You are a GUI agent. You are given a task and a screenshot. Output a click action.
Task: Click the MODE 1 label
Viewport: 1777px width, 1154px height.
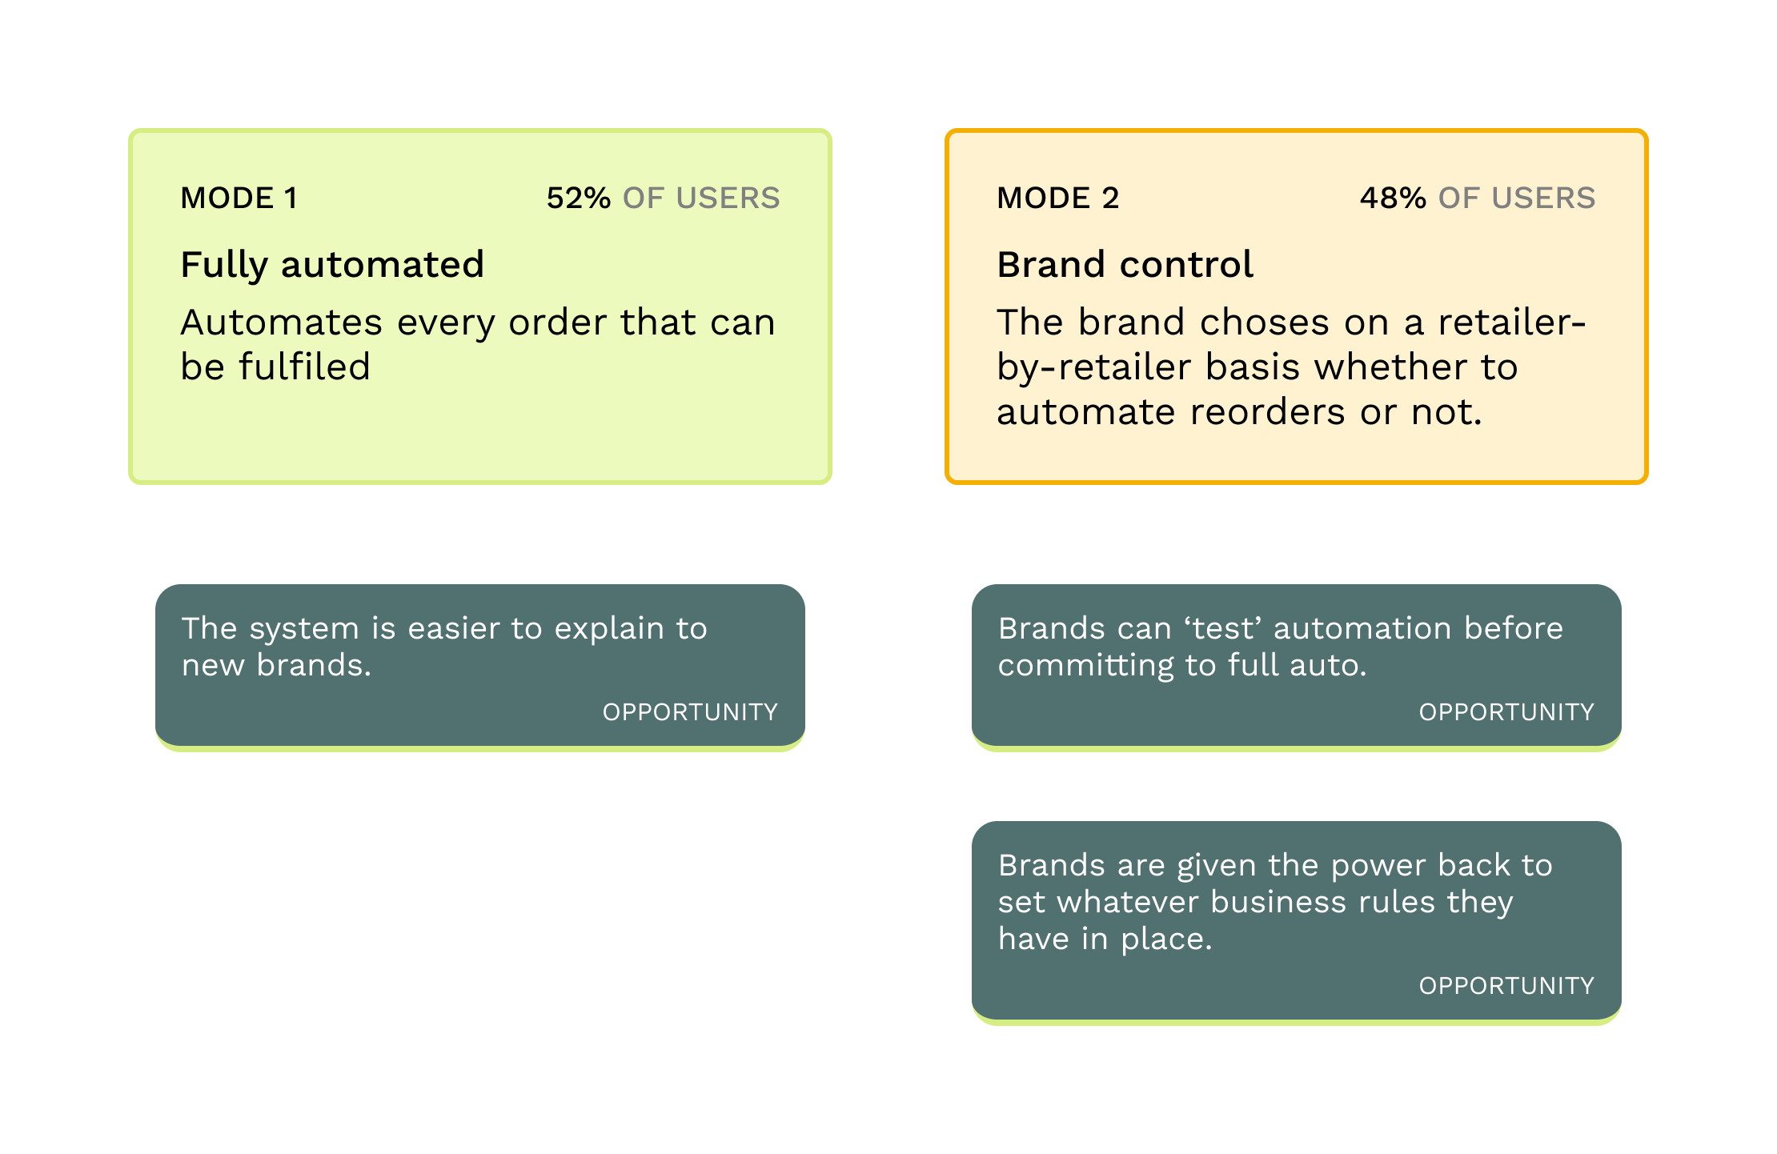(239, 198)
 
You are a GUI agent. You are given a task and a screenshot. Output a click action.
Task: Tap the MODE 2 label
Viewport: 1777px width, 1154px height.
(1057, 198)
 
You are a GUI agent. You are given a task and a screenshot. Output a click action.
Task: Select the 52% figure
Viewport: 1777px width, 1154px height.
(579, 198)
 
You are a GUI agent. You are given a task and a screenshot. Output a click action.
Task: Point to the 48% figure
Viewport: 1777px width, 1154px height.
(1393, 198)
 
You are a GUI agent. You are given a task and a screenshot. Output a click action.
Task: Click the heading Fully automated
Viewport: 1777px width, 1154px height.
(332, 265)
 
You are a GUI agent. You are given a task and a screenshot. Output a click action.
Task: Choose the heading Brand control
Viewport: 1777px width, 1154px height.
(1125, 264)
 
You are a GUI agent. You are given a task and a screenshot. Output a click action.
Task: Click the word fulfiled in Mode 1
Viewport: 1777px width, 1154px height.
(304, 367)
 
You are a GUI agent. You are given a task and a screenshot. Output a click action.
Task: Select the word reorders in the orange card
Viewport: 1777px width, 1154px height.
(1268, 412)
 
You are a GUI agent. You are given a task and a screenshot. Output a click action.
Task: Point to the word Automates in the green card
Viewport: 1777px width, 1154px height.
(282, 323)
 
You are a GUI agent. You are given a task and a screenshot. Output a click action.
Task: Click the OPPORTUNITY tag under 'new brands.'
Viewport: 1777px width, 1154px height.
(690, 712)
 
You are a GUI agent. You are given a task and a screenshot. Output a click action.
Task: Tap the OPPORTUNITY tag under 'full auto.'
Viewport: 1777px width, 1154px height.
(1506, 712)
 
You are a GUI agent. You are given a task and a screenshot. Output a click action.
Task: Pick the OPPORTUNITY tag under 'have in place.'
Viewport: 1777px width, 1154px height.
(1506, 986)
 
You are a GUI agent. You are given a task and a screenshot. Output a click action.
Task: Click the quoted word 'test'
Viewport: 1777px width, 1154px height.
(1223, 628)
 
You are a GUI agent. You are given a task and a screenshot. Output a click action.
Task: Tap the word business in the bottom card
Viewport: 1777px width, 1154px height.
(1278, 902)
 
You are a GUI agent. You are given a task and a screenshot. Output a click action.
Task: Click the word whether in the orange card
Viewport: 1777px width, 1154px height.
(1390, 367)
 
